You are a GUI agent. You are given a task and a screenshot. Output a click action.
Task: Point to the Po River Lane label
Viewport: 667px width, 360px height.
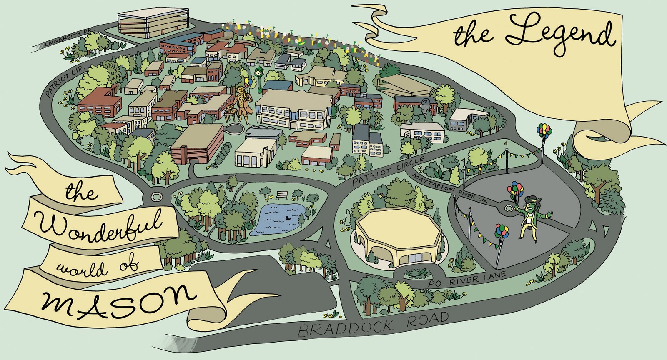pyautogui.click(x=467, y=279)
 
